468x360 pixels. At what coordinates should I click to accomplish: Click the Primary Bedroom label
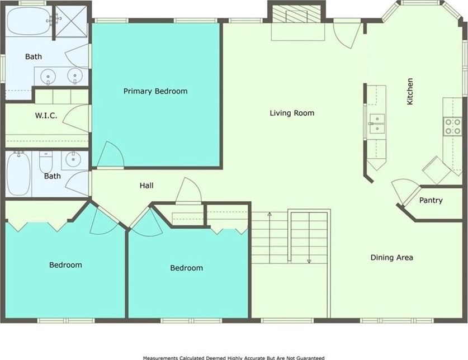[155, 91]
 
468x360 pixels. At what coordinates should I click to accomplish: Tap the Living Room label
[292, 113]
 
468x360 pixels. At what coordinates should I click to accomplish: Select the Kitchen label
[410, 91]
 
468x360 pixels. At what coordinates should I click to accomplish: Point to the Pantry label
[431, 200]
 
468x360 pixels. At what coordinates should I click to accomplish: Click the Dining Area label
[391, 257]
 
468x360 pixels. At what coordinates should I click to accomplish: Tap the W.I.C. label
[46, 116]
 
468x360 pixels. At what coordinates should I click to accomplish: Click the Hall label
[146, 186]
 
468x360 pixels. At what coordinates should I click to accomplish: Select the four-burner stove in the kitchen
[452, 126]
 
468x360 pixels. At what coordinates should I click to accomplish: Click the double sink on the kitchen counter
[377, 124]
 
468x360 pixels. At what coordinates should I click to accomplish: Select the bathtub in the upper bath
[29, 21]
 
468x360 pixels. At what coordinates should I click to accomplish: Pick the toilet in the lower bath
[46, 162]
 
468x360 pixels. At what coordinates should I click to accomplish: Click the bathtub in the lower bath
[18, 173]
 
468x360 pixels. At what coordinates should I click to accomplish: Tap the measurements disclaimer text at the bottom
[234, 358]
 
